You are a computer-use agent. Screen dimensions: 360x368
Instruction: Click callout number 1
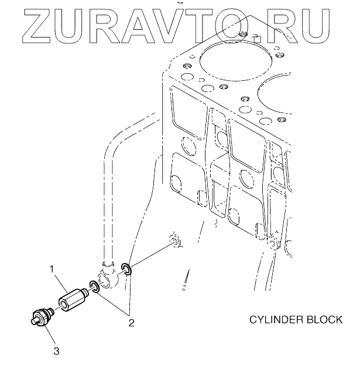pos(52,269)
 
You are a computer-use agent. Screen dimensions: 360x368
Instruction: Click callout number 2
pos(132,322)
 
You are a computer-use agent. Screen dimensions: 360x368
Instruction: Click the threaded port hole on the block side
pos(173,242)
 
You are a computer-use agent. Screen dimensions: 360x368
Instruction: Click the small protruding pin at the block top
pos(255,40)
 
